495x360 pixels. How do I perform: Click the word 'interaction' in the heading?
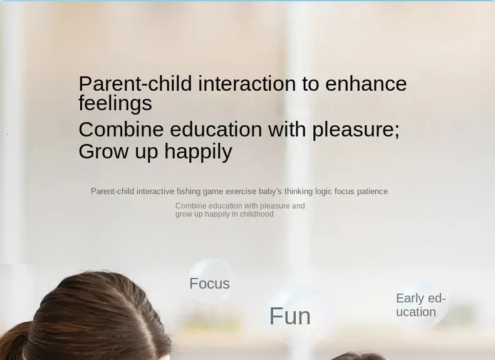[x=247, y=84]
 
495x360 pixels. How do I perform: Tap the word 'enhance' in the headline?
[x=366, y=84]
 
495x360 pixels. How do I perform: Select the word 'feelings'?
[x=115, y=104]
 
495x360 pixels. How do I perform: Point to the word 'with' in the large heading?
[x=287, y=129]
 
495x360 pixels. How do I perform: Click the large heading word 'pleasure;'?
[x=356, y=131]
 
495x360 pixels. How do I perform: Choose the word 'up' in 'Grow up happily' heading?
[x=146, y=153]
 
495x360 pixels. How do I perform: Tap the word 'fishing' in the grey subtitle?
[x=189, y=192]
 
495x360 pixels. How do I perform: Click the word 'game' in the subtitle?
[x=213, y=192]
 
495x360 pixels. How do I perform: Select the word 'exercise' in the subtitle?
[x=241, y=192]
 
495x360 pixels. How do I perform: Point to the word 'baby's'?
[x=270, y=192]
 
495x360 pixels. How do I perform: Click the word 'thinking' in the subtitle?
[x=299, y=192]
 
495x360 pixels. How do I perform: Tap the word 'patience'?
[x=372, y=192]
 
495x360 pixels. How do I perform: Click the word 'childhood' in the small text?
[x=257, y=214]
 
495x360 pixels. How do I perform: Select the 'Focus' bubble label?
[x=210, y=284]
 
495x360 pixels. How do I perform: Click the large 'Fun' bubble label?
[x=290, y=316]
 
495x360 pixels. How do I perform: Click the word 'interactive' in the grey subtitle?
[x=155, y=192]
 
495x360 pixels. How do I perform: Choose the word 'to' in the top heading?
[x=311, y=85]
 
